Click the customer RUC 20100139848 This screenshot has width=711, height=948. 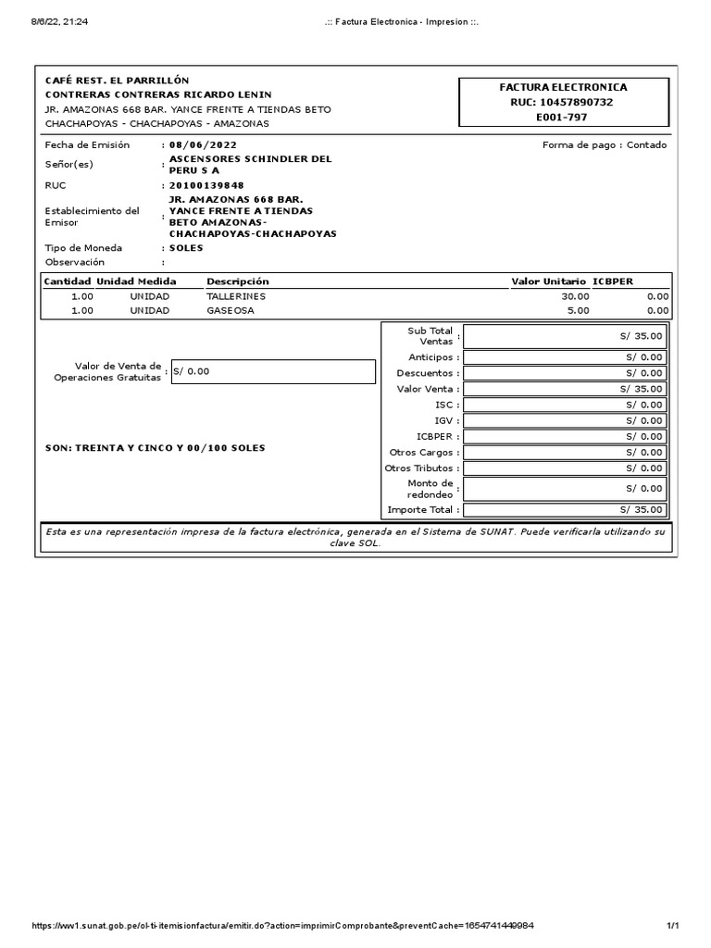206,185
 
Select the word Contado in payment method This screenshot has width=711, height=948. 646,145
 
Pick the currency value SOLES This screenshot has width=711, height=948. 186,248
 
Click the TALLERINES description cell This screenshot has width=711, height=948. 236,296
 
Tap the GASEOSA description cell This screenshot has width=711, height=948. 231,311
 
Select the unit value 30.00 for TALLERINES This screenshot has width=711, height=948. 576,296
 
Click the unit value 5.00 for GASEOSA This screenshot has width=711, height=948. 578,311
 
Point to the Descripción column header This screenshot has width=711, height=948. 237,281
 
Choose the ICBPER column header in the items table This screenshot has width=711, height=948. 613,281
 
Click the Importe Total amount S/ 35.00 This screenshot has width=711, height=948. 565,510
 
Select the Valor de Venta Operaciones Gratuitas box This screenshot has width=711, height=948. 272,371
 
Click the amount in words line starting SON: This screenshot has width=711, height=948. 155,448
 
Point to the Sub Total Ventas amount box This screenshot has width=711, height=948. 565,337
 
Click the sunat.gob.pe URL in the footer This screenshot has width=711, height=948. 283,926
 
